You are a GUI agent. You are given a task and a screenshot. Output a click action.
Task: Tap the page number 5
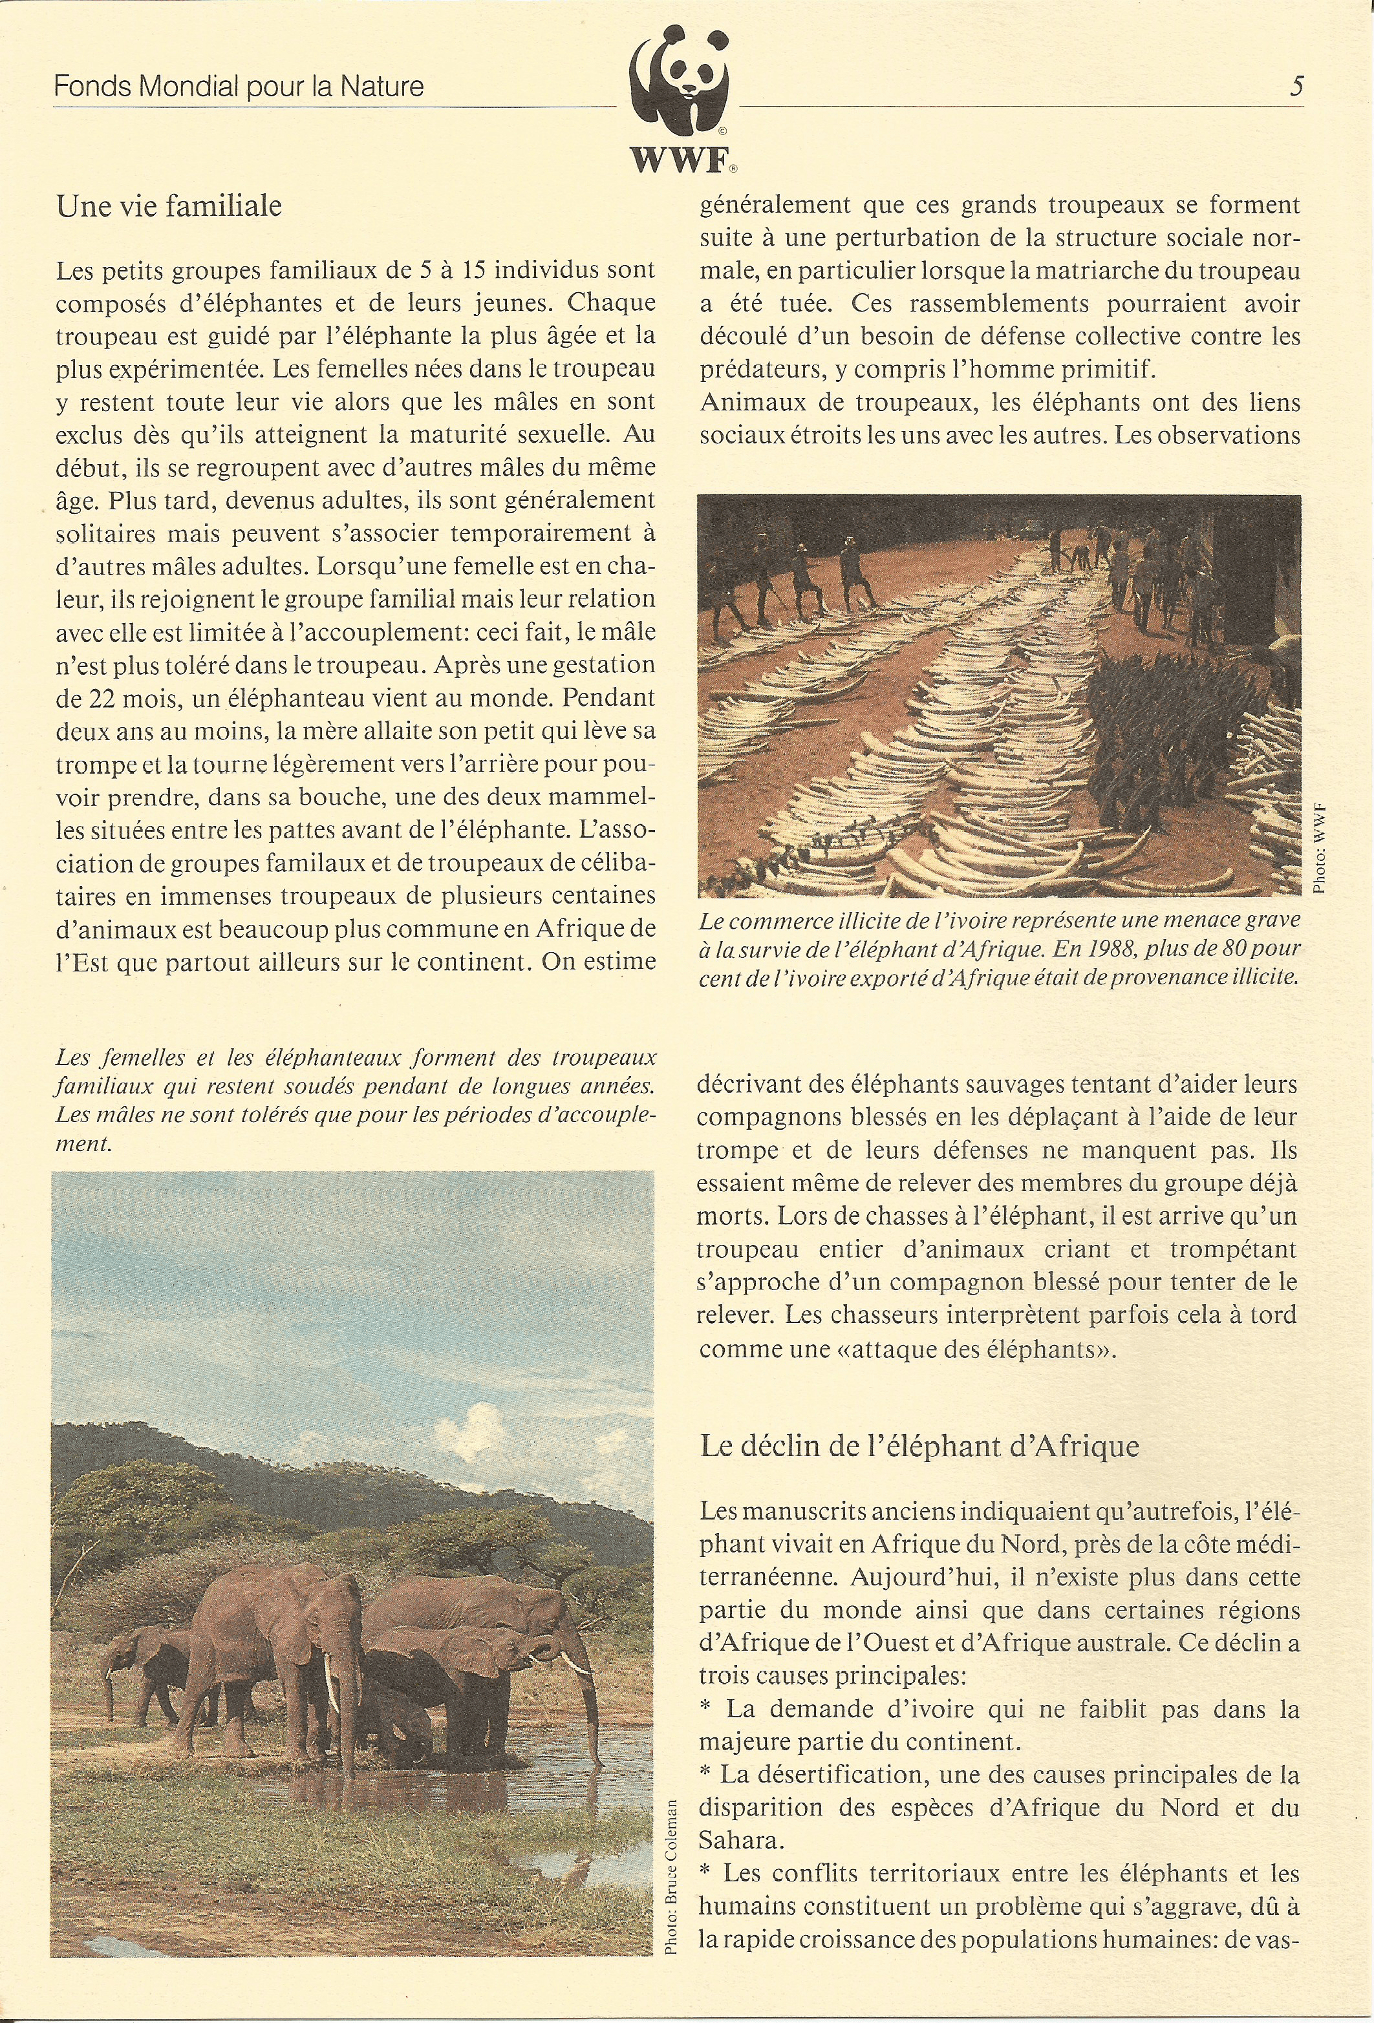[x=1296, y=86]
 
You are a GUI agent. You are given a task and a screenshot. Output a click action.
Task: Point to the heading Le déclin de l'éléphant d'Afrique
[x=919, y=1446]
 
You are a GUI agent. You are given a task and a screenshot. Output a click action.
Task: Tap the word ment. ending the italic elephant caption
[x=83, y=1144]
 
